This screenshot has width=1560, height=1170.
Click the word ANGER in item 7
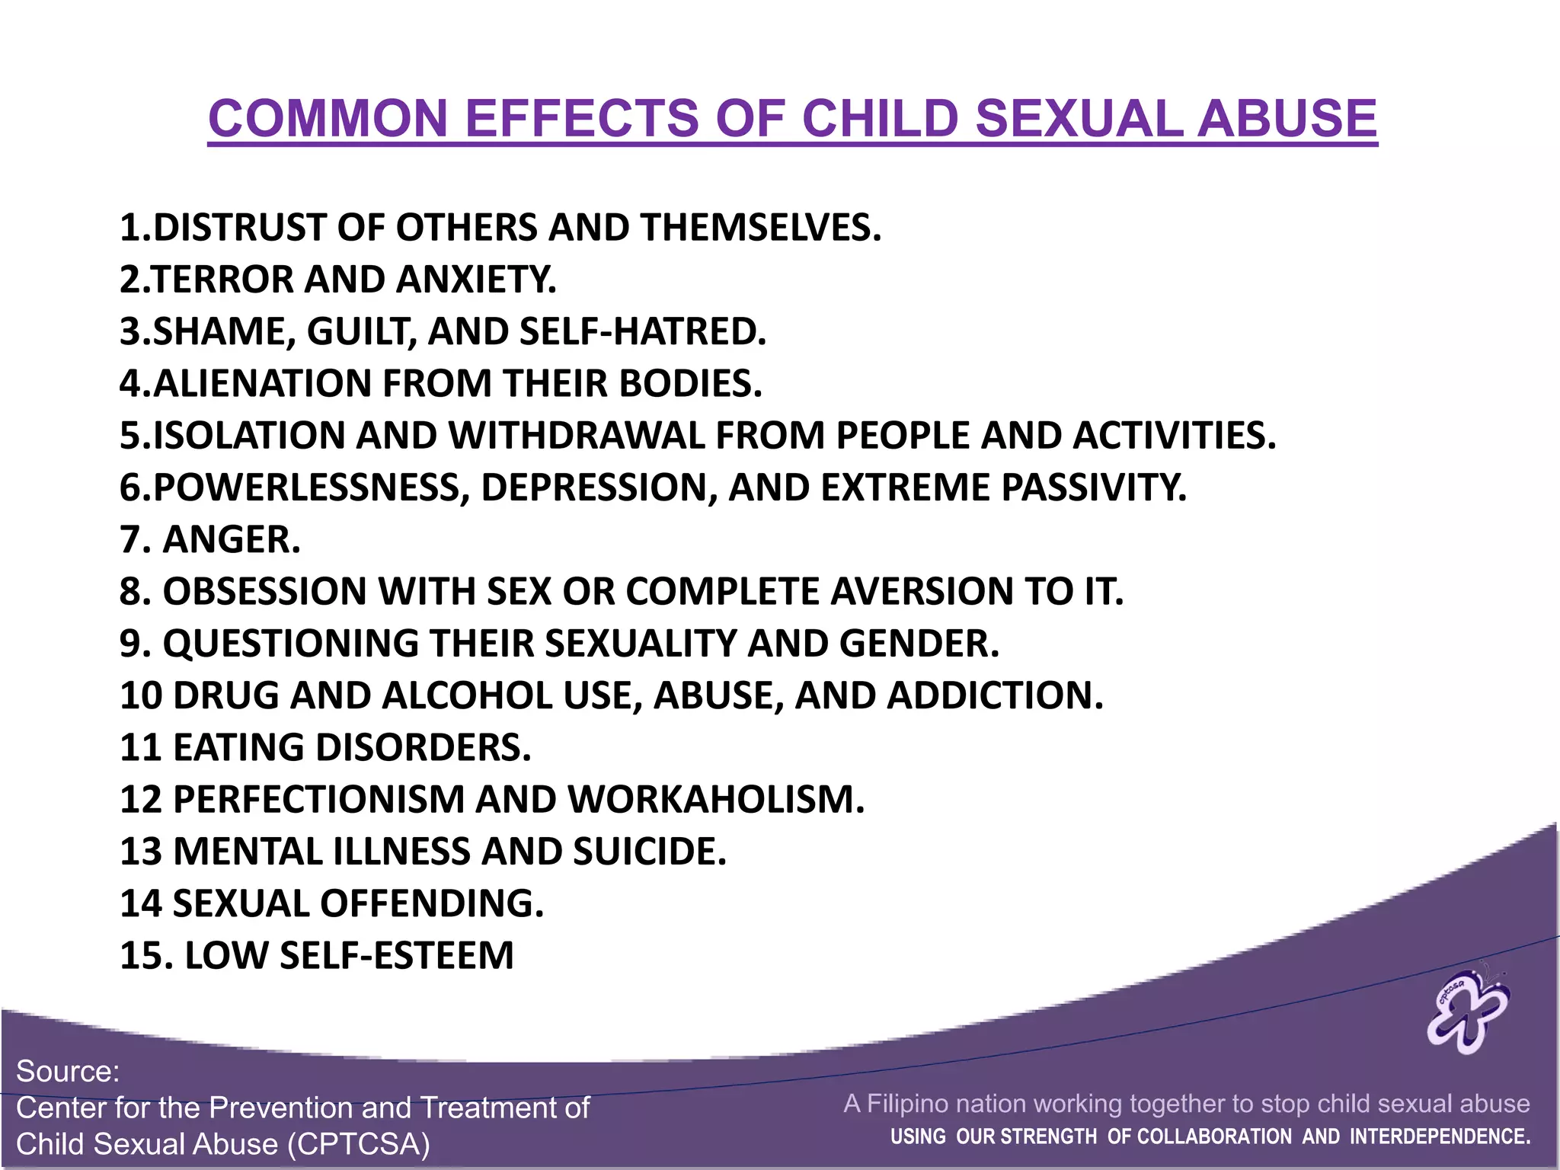[x=232, y=539]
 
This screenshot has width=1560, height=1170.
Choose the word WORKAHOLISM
[x=716, y=799]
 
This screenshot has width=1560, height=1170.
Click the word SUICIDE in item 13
[x=649, y=852]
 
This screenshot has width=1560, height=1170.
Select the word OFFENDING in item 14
[x=432, y=903]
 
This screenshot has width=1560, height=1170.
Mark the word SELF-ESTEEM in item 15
[x=397, y=955]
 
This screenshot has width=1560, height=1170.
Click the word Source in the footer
[x=68, y=1072]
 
